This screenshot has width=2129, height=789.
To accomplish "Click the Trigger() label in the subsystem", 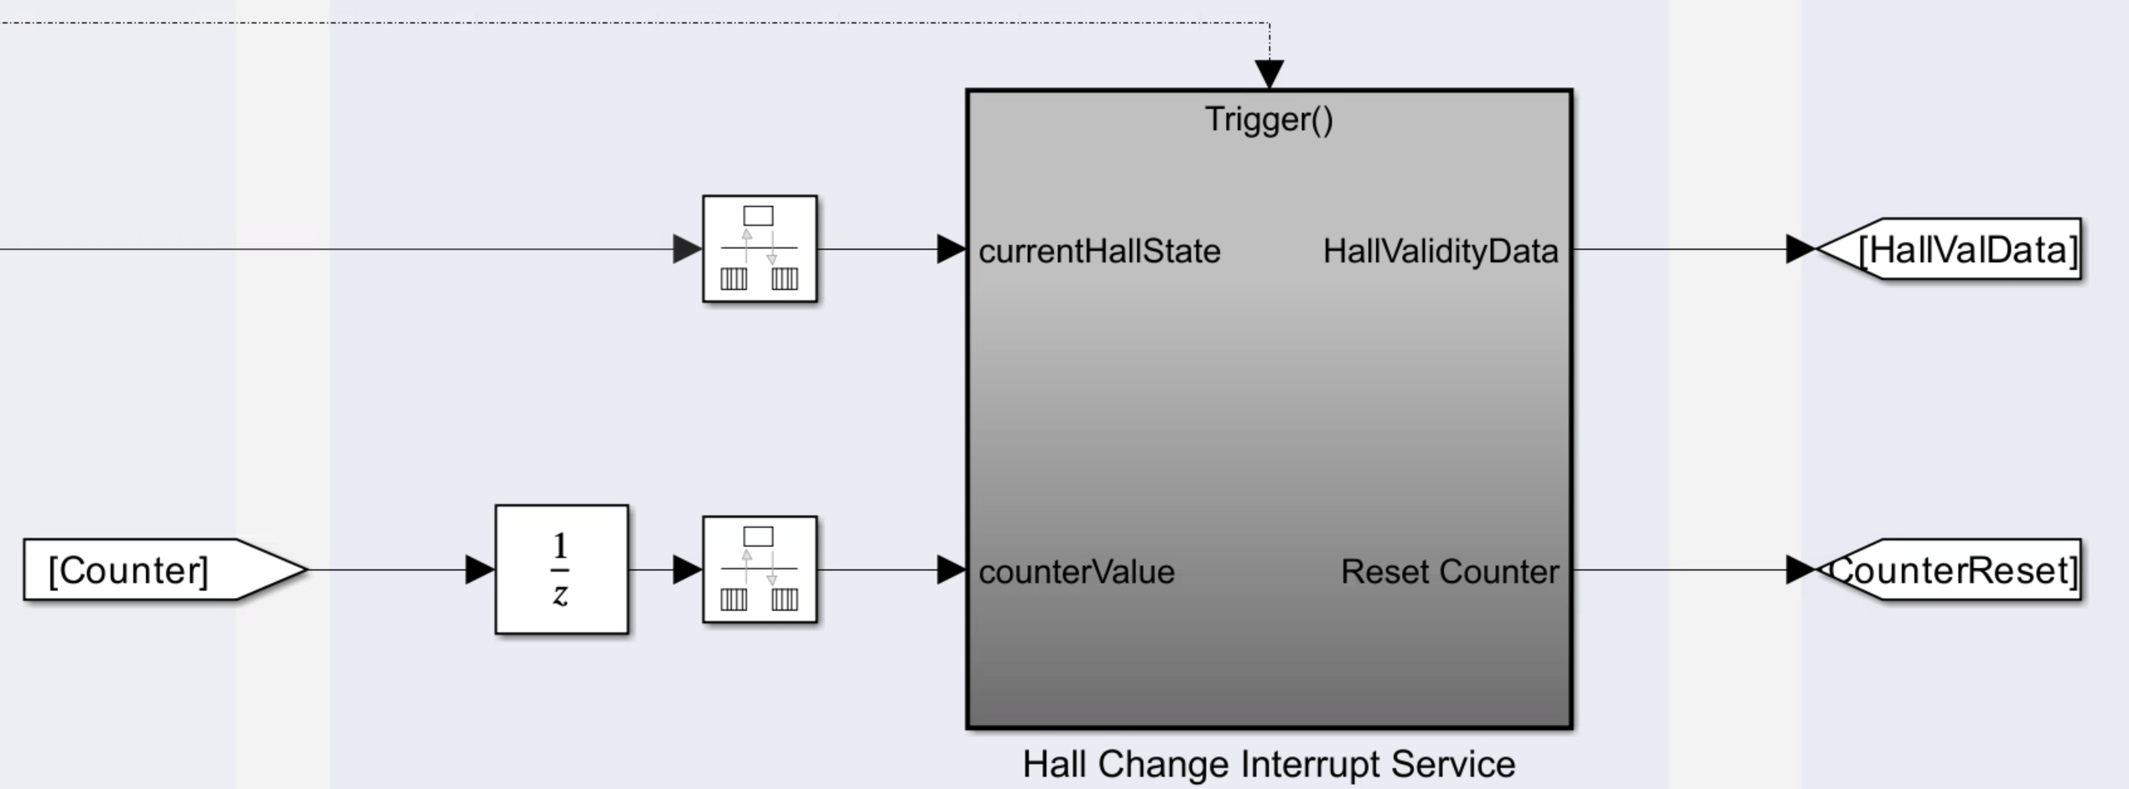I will tap(1268, 119).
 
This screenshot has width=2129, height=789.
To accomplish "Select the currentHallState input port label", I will tap(1098, 251).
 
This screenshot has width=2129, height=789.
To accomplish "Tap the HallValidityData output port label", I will tap(1440, 251).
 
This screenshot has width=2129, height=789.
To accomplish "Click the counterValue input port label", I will tap(1076, 572).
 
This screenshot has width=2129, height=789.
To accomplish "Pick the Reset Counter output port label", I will tap(1449, 572).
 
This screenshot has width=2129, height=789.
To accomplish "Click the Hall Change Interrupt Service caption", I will tap(1268, 764).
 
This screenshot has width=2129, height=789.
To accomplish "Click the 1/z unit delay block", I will tap(561, 569).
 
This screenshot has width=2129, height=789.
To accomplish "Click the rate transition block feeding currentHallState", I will tap(759, 249).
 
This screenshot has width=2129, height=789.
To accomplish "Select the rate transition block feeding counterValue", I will tap(759, 569).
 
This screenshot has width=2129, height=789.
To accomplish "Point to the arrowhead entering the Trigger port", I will tap(1269, 74).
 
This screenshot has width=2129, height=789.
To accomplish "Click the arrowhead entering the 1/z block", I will tap(480, 570).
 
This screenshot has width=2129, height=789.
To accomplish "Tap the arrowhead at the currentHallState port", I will tap(951, 249).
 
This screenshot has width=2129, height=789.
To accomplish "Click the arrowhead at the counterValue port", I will tap(951, 570).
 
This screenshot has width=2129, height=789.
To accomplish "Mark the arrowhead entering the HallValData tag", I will tap(1799, 249).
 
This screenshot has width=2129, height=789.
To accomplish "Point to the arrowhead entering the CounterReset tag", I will tap(1799, 570).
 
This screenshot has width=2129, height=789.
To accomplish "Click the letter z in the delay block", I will tap(560, 594).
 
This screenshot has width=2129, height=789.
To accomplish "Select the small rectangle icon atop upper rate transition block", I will tap(758, 215).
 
